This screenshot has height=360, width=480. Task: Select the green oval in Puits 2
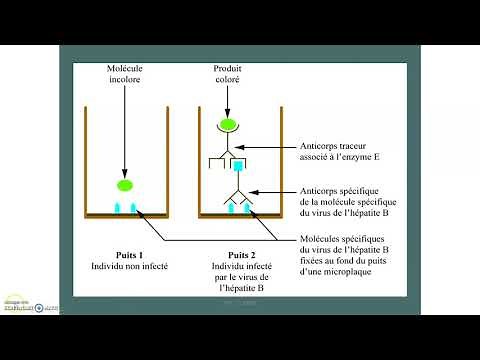(230, 126)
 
